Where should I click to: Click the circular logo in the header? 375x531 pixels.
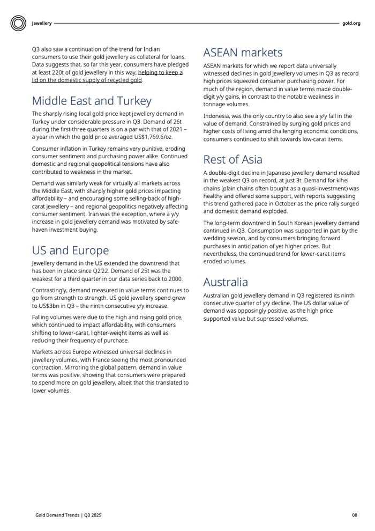(x=18, y=23)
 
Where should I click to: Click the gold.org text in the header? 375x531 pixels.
(x=351, y=23)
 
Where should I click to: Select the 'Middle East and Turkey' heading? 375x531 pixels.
(x=92, y=101)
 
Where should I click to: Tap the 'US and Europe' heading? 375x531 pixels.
(x=70, y=250)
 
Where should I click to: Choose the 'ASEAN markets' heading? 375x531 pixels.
(x=243, y=53)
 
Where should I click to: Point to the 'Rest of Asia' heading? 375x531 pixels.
(x=232, y=159)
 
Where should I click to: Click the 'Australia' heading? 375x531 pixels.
(x=226, y=282)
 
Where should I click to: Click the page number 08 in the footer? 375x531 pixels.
(x=354, y=515)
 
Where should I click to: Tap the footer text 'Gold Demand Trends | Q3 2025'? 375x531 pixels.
(x=69, y=515)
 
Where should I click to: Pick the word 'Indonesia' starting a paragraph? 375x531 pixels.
(x=216, y=116)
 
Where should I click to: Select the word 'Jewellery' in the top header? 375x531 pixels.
(x=42, y=23)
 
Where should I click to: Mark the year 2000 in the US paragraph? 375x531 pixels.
(x=175, y=278)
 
